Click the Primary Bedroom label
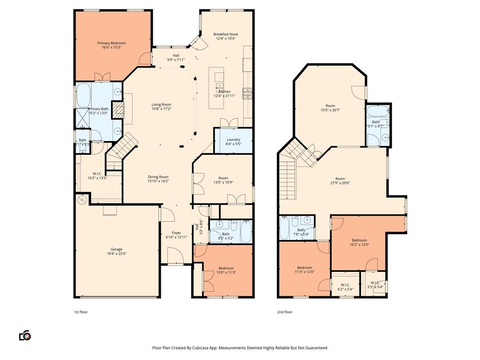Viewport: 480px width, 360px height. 111,43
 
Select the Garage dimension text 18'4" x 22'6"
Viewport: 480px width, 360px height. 116,254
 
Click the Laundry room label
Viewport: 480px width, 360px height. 233,140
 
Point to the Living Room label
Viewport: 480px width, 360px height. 161,105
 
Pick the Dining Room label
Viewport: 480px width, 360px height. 158,177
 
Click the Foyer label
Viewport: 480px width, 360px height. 176,233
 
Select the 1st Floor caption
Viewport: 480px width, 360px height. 81,312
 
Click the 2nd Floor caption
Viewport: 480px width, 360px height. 285,312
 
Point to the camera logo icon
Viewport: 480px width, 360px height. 25,336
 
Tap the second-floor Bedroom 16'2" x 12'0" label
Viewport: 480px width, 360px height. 360,240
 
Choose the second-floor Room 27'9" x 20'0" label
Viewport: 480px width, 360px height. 340,179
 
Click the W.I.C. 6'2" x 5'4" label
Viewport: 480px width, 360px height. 345,285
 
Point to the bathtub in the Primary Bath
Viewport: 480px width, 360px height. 85,95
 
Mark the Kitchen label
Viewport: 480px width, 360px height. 224,91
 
